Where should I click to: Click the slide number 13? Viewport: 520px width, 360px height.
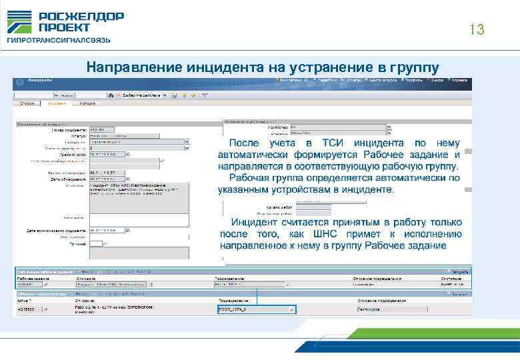pos(476,30)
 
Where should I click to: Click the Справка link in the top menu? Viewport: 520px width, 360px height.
pos(459,80)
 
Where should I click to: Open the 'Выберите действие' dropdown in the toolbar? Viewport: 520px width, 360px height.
pos(144,96)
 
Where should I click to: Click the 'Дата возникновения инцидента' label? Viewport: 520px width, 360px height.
pos(56,231)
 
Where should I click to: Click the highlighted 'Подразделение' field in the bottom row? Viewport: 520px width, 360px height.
pos(254,310)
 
